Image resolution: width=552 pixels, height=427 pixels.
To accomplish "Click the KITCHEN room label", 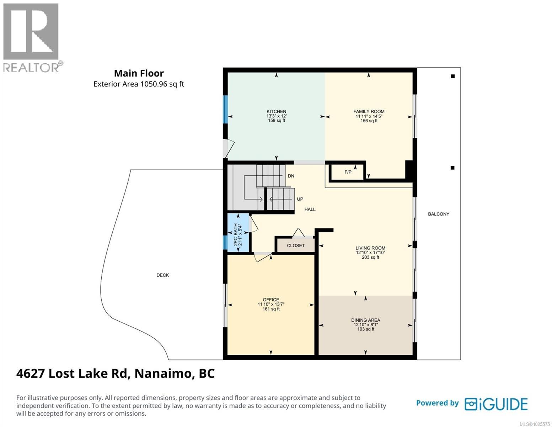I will (x=276, y=111).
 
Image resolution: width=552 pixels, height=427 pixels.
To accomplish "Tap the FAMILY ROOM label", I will (x=369, y=111).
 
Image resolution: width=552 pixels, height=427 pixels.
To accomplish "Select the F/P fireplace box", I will (x=348, y=172).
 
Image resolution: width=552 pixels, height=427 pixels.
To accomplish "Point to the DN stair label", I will (x=291, y=176).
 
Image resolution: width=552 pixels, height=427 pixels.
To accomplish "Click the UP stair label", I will (x=300, y=199).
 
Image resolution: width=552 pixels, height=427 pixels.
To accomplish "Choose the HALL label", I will (x=310, y=210).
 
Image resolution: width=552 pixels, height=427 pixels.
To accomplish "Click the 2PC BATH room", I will (x=238, y=233).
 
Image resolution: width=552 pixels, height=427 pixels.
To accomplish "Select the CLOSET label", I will (x=296, y=246).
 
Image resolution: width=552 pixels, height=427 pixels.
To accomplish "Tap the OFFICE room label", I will (x=271, y=300).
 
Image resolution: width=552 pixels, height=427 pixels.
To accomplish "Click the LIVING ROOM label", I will (x=370, y=248).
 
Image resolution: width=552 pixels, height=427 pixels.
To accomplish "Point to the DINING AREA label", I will (x=365, y=320).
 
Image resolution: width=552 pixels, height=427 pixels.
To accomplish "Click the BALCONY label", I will (x=438, y=214).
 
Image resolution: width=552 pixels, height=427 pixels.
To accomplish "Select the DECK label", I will (x=162, y=275).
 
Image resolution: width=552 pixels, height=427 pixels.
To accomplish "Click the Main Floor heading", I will (x=139, y=73).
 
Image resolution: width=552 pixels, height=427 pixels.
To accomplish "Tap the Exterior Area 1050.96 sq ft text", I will (x=139, y=84).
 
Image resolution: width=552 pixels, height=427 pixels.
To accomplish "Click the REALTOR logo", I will (x=31, y=37).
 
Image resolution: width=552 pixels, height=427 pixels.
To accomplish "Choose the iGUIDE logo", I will (x=496, y=404).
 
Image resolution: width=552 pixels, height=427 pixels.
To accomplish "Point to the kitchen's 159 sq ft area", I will (x=276, y=121).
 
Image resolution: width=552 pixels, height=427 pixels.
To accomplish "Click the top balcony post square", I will (x=452, y=76).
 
